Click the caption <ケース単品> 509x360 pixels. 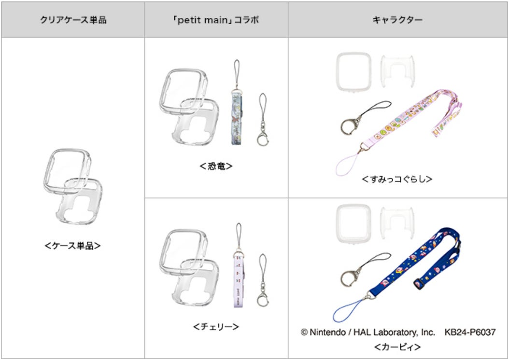(x=72, y=245)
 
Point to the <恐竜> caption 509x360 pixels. (x=216, y=166)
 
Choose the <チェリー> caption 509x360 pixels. (x=216, y=326)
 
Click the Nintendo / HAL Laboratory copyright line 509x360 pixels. (x=368, y=332)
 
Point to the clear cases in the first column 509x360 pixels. (x=72, y=186)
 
